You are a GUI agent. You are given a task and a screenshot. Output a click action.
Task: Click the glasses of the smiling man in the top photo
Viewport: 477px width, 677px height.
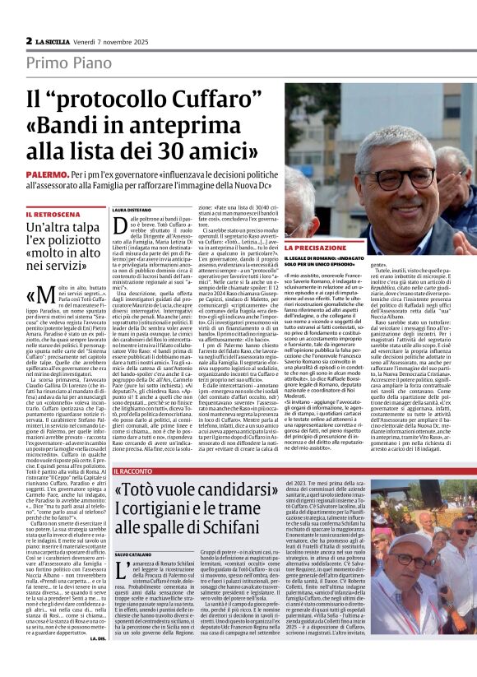pyautogui.click(x=396, y=175)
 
